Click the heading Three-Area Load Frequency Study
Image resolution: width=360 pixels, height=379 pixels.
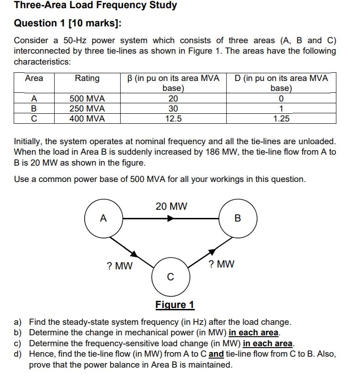coord(96,6)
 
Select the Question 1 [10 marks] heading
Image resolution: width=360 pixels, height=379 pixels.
coord(68,23)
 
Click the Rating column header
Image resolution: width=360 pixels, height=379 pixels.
coord(87,78)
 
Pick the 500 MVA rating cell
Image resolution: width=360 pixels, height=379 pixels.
coord(87,99)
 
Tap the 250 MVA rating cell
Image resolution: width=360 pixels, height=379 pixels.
coord(87,109)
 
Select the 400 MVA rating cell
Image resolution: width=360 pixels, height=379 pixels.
coord(87,119)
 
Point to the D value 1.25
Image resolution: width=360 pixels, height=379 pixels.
coord(281,119)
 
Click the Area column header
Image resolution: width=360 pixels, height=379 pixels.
coord(34,78)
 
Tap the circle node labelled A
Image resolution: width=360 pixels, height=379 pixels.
coord(103,218)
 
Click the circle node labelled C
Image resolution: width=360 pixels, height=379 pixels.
coord(170,276)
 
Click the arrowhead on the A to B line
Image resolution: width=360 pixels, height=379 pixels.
coord(170,218)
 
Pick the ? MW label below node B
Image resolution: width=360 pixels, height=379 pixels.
coord(221,264)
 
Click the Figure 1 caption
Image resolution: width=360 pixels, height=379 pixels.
coord(175,304)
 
